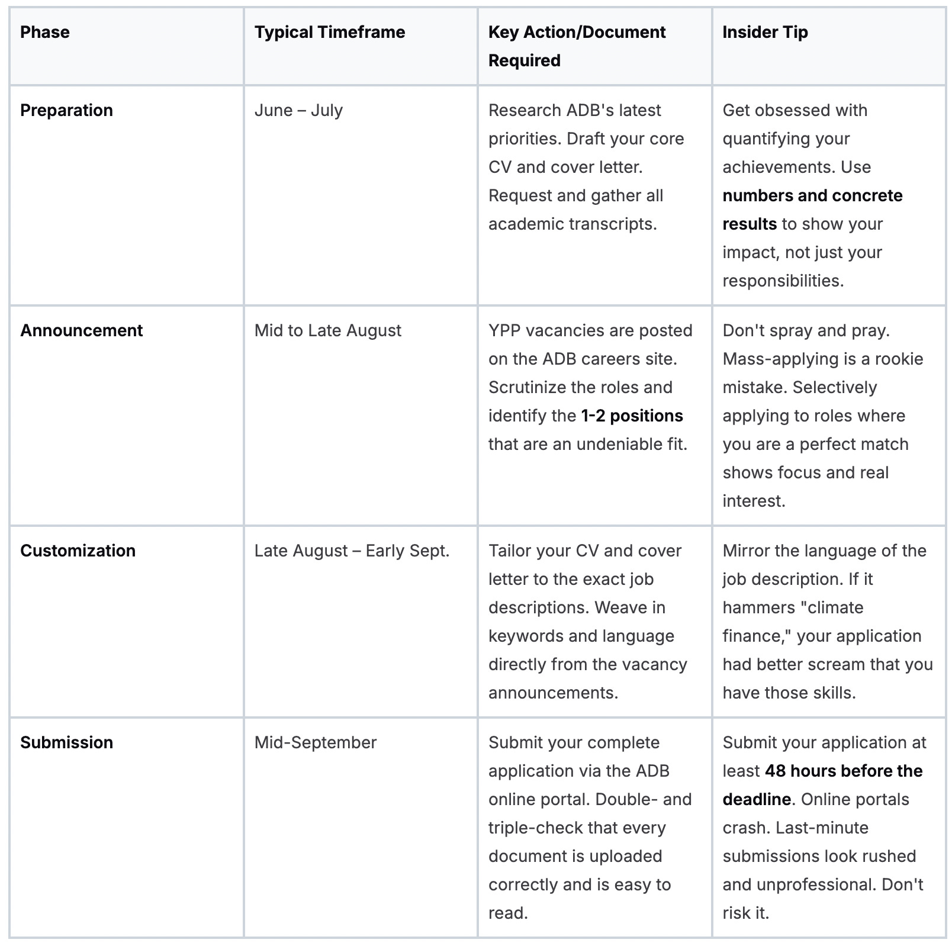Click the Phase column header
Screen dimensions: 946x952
tap(45, 32)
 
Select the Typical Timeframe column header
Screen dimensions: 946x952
tap(330, 32)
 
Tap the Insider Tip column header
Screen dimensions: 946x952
tap(765, 32)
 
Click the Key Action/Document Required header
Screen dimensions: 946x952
tap(577, 46)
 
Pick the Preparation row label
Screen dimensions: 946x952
tap(66, 110)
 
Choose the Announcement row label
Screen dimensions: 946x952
tap(82, 330)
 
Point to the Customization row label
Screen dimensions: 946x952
tap(78, 551)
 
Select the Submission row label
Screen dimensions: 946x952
tap(66, 742)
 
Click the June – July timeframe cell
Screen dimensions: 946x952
tap(298, 110)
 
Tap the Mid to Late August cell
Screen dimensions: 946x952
tap(328, 330)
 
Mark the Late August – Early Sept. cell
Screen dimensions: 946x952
tap(352, 551)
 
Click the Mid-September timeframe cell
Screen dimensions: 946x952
tap(316, 742)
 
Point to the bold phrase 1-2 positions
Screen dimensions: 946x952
tap(632, 416)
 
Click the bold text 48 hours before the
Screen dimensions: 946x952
tap(844, 771)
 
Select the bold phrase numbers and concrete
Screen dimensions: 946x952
tap(812, 195)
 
